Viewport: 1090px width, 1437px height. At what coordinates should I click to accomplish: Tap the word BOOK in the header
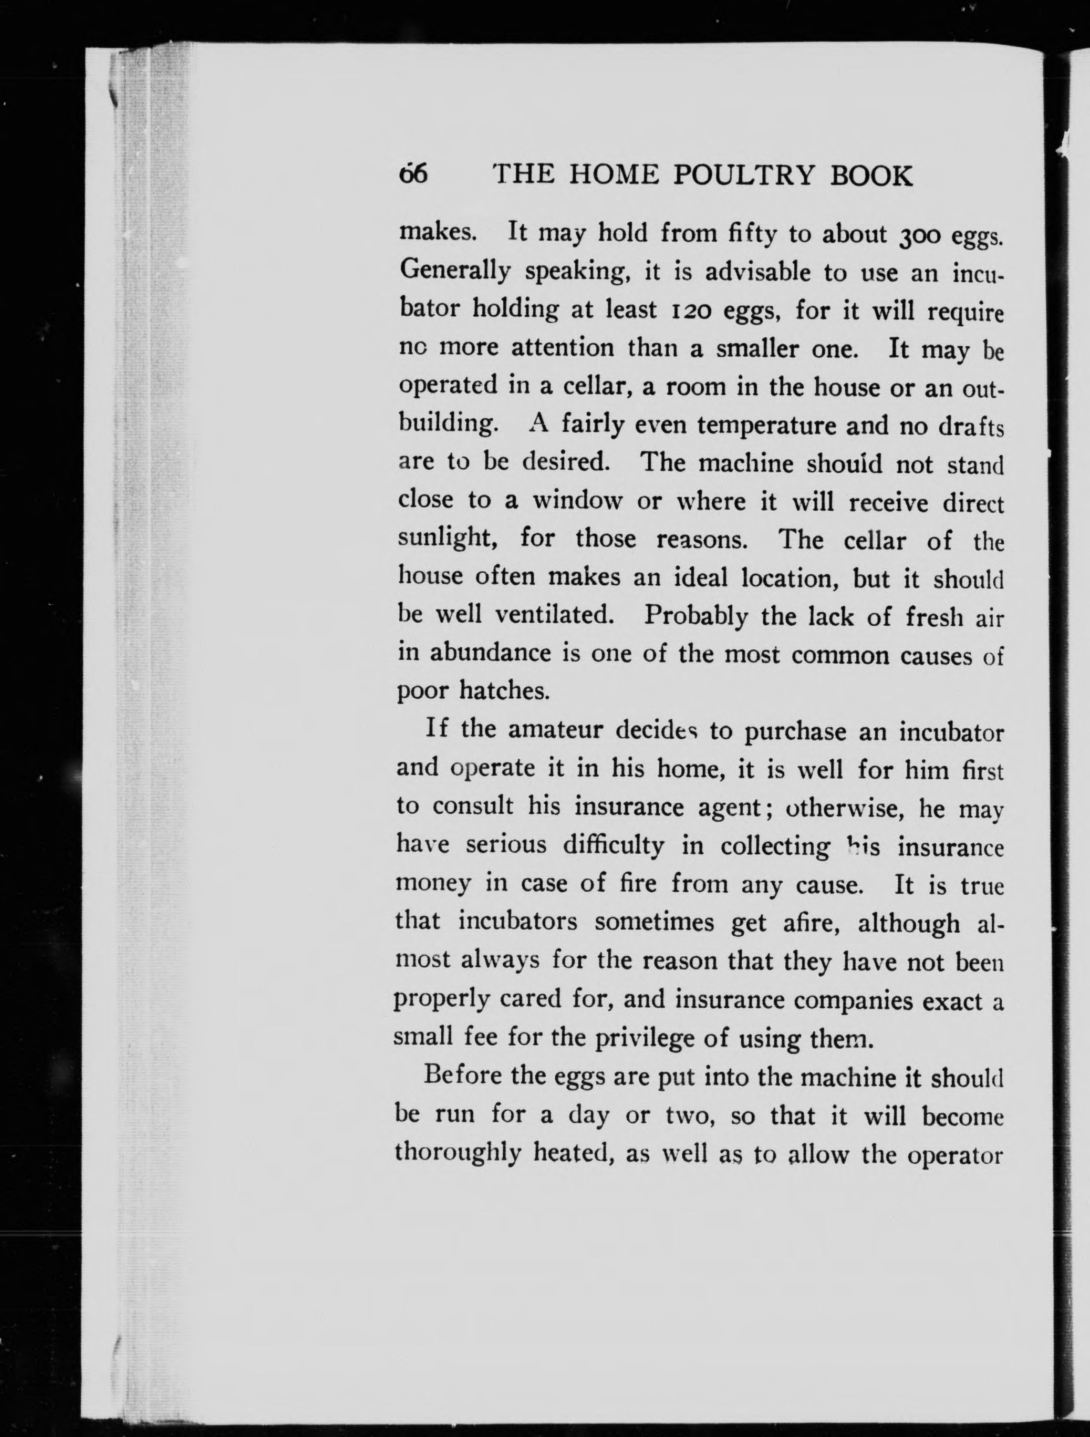[x=872, y=175]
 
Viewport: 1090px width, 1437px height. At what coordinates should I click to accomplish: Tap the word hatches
[x=504, y=690]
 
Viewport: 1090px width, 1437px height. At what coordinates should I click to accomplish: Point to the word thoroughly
[x=459, y=1152]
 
